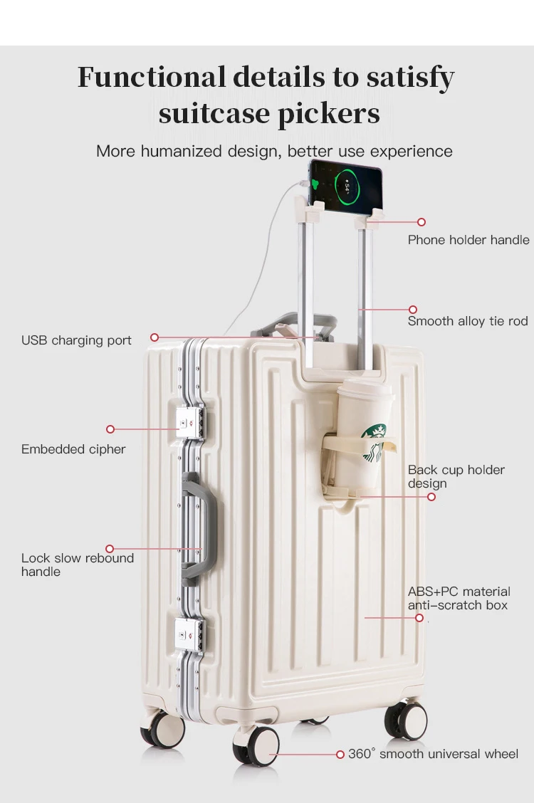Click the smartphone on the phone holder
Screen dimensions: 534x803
click(346, 186)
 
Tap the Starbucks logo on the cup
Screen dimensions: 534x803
click(375, 441)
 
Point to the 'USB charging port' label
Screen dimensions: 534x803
click(76, 340)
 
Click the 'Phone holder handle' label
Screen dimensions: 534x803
click(468, 240)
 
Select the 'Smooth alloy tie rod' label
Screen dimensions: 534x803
click(468, 321)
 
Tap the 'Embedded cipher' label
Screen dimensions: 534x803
click(73, 449)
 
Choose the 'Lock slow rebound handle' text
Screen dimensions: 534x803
click(78, 565)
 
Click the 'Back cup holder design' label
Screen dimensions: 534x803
click(456, 476)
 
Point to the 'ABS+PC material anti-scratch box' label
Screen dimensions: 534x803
click(459, 598)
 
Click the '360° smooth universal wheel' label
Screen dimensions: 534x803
click(433, 754)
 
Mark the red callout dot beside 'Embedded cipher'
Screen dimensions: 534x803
click(110, 429)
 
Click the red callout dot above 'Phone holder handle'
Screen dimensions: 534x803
click(422, 222)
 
